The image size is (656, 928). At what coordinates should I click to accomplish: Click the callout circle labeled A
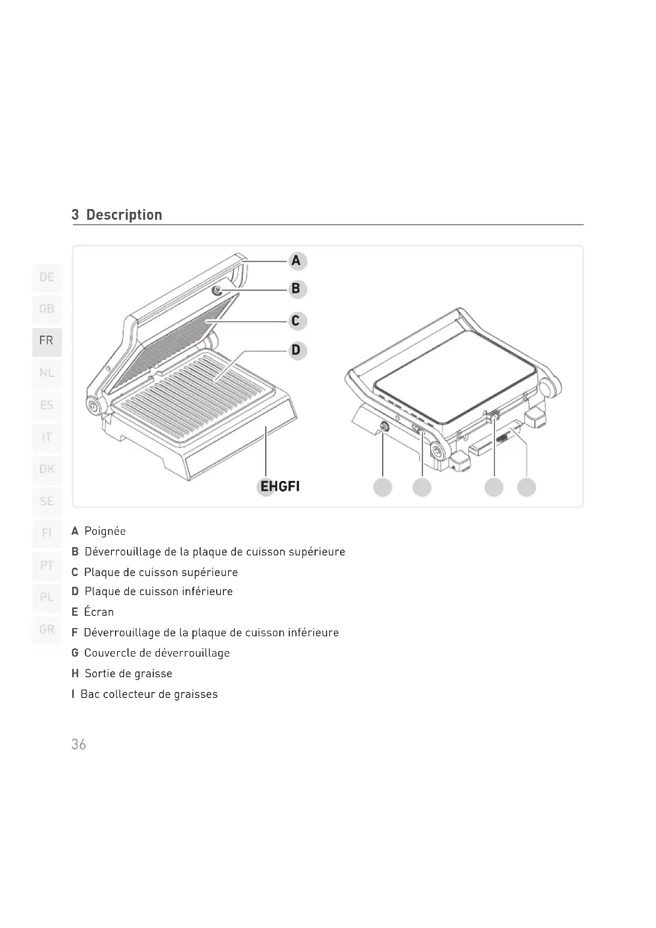298,261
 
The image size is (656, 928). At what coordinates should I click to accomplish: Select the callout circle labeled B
298,289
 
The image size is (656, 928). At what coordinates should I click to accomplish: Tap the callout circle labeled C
298,321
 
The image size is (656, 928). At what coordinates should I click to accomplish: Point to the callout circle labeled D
298,350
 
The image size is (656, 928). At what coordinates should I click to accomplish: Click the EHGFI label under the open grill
280,486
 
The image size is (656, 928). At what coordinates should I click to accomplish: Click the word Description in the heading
125,215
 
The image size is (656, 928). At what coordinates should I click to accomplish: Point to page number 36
79,744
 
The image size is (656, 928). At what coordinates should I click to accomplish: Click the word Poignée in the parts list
105,531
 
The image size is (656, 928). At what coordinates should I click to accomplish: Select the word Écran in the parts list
99,611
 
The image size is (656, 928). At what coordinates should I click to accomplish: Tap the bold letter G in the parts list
75,653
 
